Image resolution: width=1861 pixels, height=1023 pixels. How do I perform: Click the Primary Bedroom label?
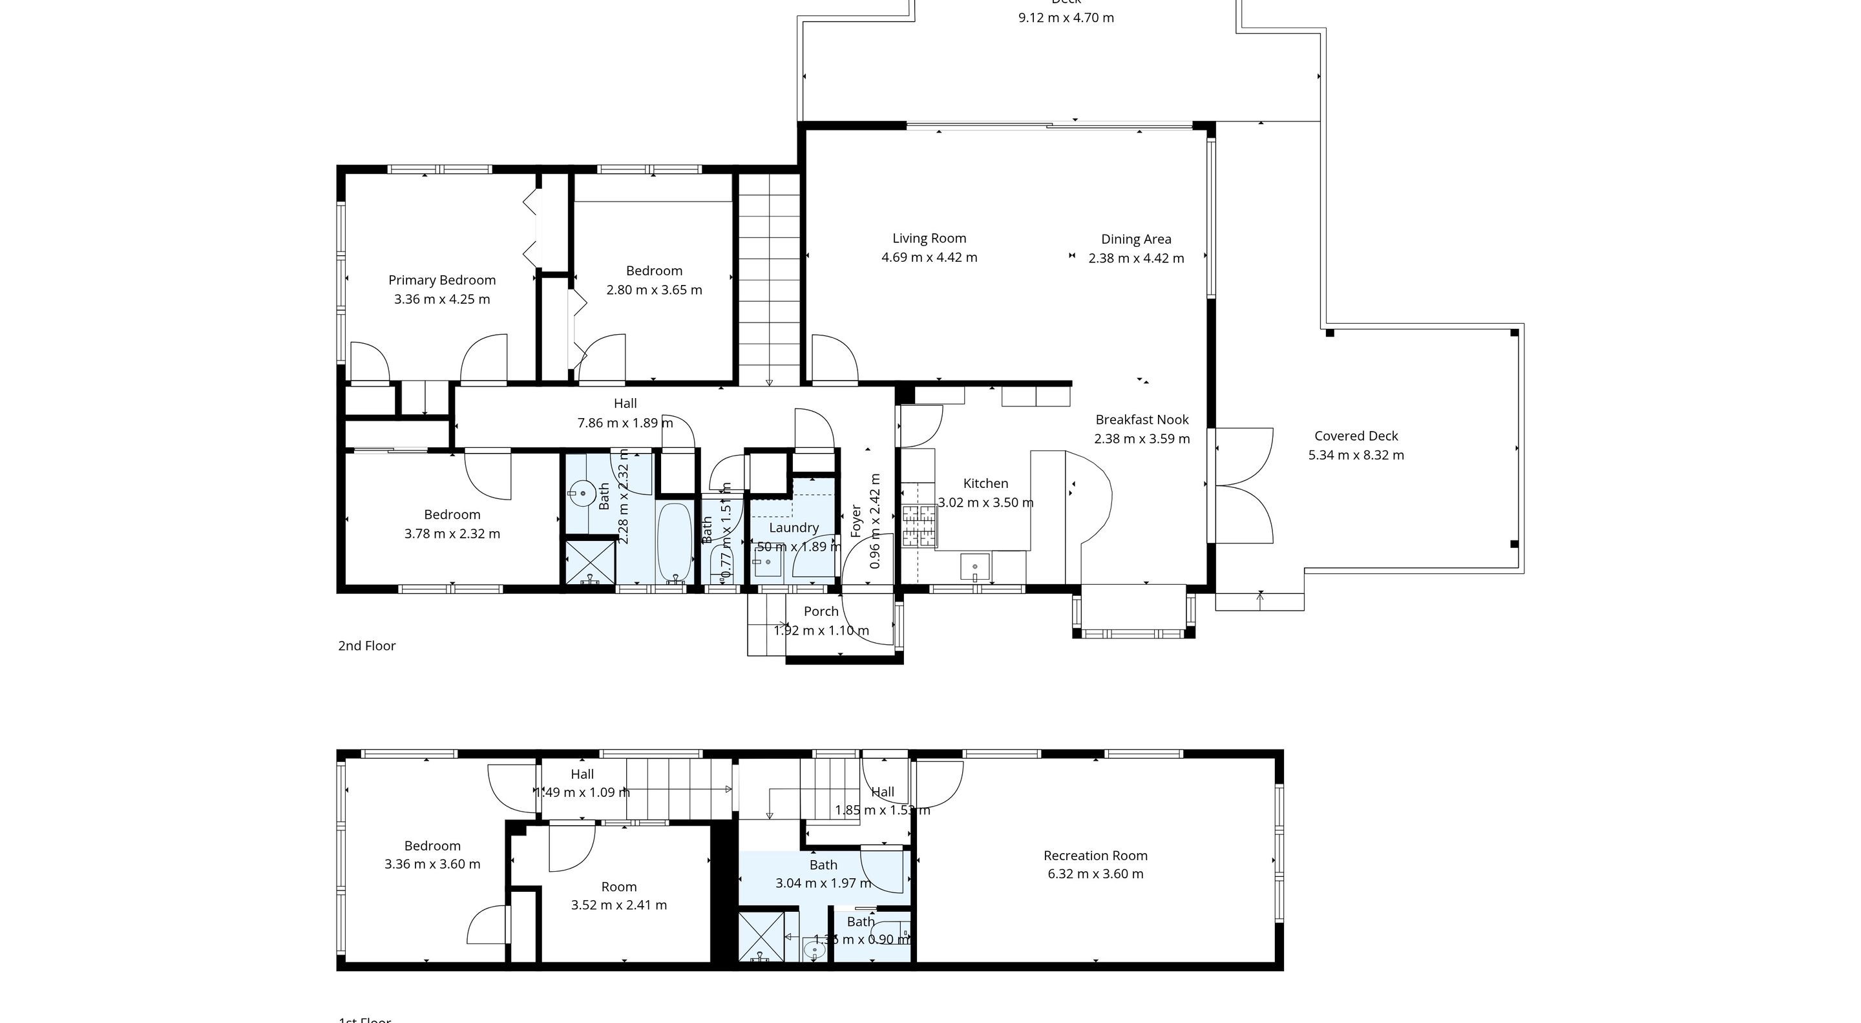tap(441, 280)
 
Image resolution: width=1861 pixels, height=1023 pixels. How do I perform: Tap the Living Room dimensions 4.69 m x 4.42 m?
tap(929, 258)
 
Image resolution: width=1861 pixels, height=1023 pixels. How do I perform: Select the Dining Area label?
tap(1136, 239)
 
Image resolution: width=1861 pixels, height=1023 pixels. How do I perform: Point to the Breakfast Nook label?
tap(1141, 420)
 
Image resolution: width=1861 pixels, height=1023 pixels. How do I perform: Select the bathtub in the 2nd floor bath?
tap(675, 543)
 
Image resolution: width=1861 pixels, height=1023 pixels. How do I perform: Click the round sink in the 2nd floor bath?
tap(582, 495)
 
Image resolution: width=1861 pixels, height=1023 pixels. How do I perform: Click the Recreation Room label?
tap(1095, 856)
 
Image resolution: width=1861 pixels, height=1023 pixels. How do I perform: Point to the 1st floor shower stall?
tap(761, 936)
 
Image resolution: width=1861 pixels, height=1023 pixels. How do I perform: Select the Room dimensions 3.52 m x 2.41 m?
tap(618, 905)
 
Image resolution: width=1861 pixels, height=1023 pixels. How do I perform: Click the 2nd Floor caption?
tap(366, 646)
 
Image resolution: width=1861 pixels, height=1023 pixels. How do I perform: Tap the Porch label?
tap(821, 611)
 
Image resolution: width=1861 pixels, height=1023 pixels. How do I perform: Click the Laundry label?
tap(794, 528)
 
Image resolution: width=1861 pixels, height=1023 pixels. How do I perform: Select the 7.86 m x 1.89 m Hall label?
tap(625, 423)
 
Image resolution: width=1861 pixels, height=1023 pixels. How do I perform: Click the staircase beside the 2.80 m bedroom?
tap(769, 278)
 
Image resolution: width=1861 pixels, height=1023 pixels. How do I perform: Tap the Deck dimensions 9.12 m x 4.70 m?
tap(1066, 18)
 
